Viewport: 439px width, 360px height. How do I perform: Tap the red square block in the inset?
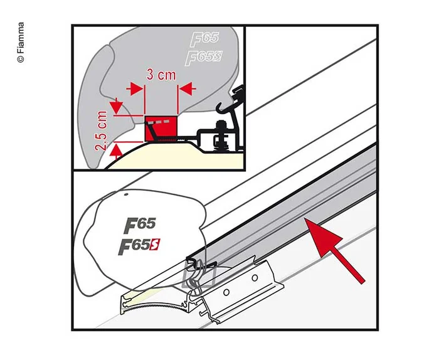pyautogui.click(x=162, y=129)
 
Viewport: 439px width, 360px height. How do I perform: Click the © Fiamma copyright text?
pyautogui.click(x=21, y=42)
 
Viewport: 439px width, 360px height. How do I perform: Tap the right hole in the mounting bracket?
pyautogui.click(x=253, y=277)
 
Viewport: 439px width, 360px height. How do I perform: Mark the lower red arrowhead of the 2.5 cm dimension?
pyautogui.click(x=114, y=151)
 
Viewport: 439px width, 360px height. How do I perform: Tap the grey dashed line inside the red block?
pyautogui.click(x=162, y=120)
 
